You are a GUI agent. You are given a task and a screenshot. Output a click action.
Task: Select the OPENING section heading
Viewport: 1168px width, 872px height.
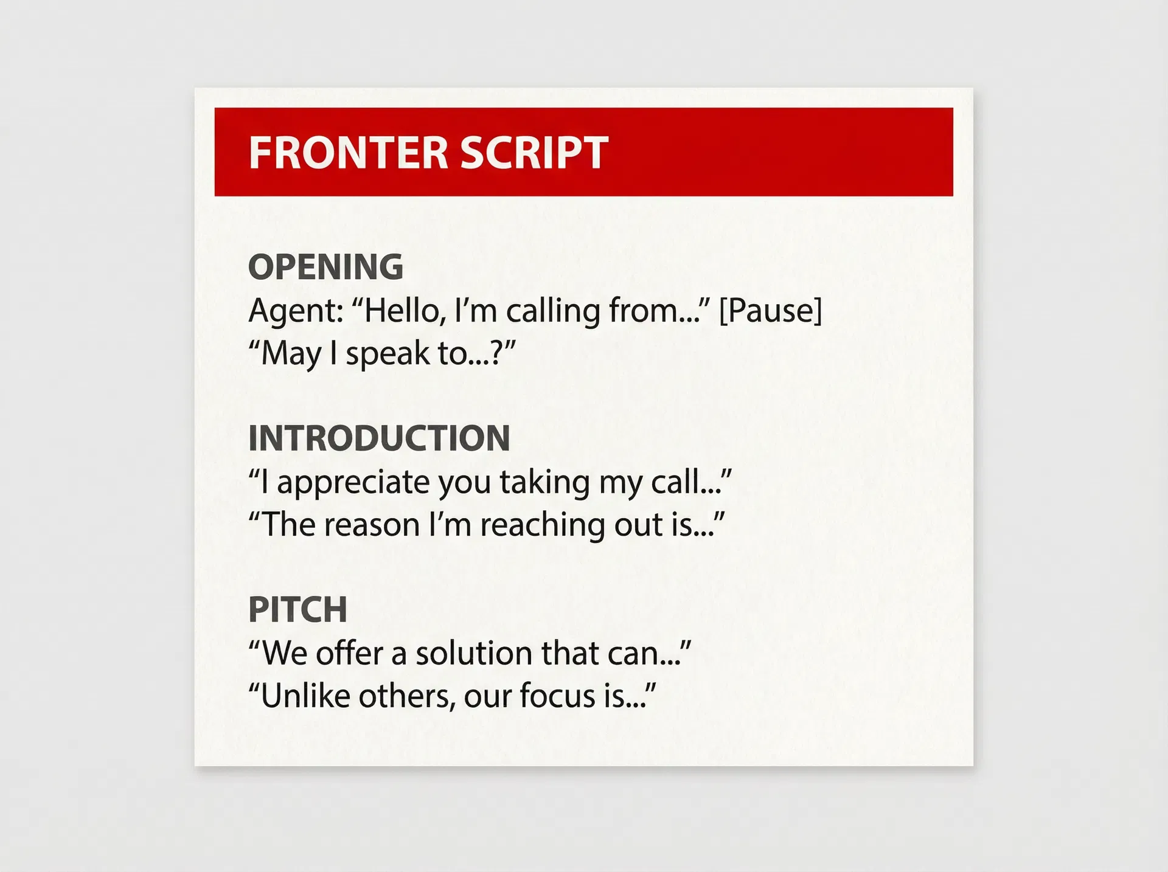[325, 267]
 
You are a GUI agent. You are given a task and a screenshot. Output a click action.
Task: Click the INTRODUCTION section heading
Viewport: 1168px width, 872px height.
[379, 438]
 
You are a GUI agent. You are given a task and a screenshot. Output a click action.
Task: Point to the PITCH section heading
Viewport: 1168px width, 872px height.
[297, 609]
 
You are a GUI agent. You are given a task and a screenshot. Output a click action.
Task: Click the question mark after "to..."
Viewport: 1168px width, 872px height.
[496, 353]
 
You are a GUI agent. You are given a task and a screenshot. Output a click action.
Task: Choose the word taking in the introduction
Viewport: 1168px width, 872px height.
[544, 483]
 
